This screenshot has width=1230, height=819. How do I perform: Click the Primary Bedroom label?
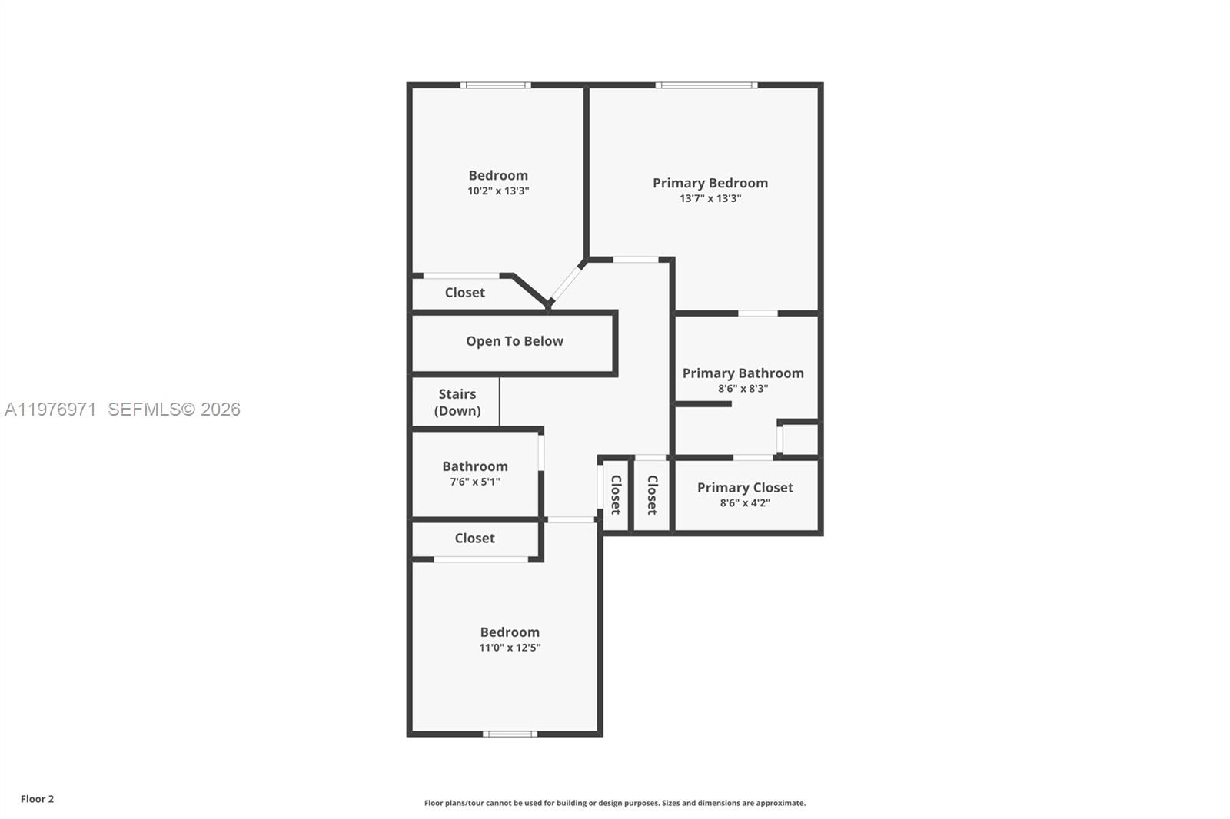click(x=710, y=183)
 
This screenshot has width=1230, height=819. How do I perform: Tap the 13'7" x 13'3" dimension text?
click(x=710, y=198)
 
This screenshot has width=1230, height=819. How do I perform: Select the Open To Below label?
click(x=514, y=341)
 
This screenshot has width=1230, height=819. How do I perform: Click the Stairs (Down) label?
click(x=457, y=402)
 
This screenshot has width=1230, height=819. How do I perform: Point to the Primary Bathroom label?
click(x=743, y=373)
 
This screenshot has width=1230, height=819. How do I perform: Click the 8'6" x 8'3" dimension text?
click(x=743, y=389)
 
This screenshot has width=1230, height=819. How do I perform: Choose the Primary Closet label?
click(x=744, y=488)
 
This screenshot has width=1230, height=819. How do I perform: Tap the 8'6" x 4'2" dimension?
click(x=744, y=503)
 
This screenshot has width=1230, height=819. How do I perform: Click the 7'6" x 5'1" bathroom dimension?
click(x=474, y=482)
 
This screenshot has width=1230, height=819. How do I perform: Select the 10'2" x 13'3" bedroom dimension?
click(x=498, y=191)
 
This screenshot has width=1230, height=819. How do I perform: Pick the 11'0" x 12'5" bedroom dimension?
click(x=510, y=648)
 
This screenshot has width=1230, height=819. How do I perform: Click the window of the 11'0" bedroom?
click(x=510, y=734)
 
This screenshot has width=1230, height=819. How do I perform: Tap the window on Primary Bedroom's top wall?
click(x=706, y=85)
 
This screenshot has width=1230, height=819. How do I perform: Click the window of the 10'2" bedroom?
click(x=495, y=85)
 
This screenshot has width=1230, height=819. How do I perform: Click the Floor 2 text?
click(x=37, y=799)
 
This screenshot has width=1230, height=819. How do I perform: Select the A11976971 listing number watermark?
click(x=51, y=409)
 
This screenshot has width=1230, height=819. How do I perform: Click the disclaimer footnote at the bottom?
click(x=614, y=803)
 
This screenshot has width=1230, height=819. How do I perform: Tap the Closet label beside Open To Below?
click(x=464, y=293)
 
